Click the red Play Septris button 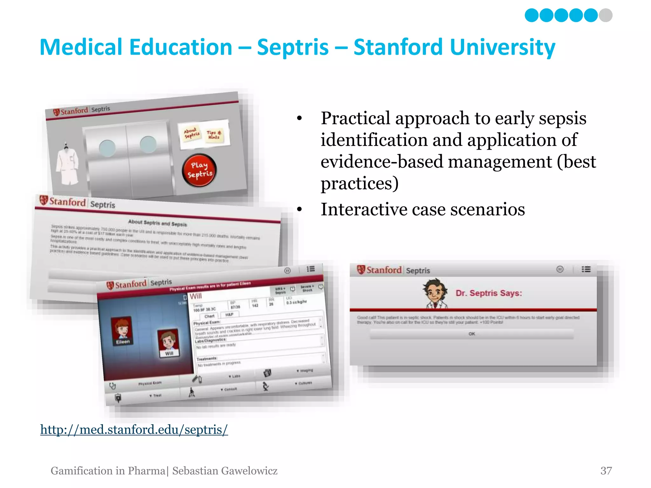tap(199, 170)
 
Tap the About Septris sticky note tap(192, 133)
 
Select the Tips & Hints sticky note tap(214, 135)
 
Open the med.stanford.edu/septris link tap(134, 430)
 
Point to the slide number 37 tap(606, 471)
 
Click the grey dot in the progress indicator tap(606, 15)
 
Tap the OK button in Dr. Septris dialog tap(472, 334)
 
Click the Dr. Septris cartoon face tap(435, 292)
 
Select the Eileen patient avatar tap(122, 330)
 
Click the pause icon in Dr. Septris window tap(560, 269)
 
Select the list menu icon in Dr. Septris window tap(586, 269)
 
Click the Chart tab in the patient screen tap(209, 316)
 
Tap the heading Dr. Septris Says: tap(489, 293)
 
